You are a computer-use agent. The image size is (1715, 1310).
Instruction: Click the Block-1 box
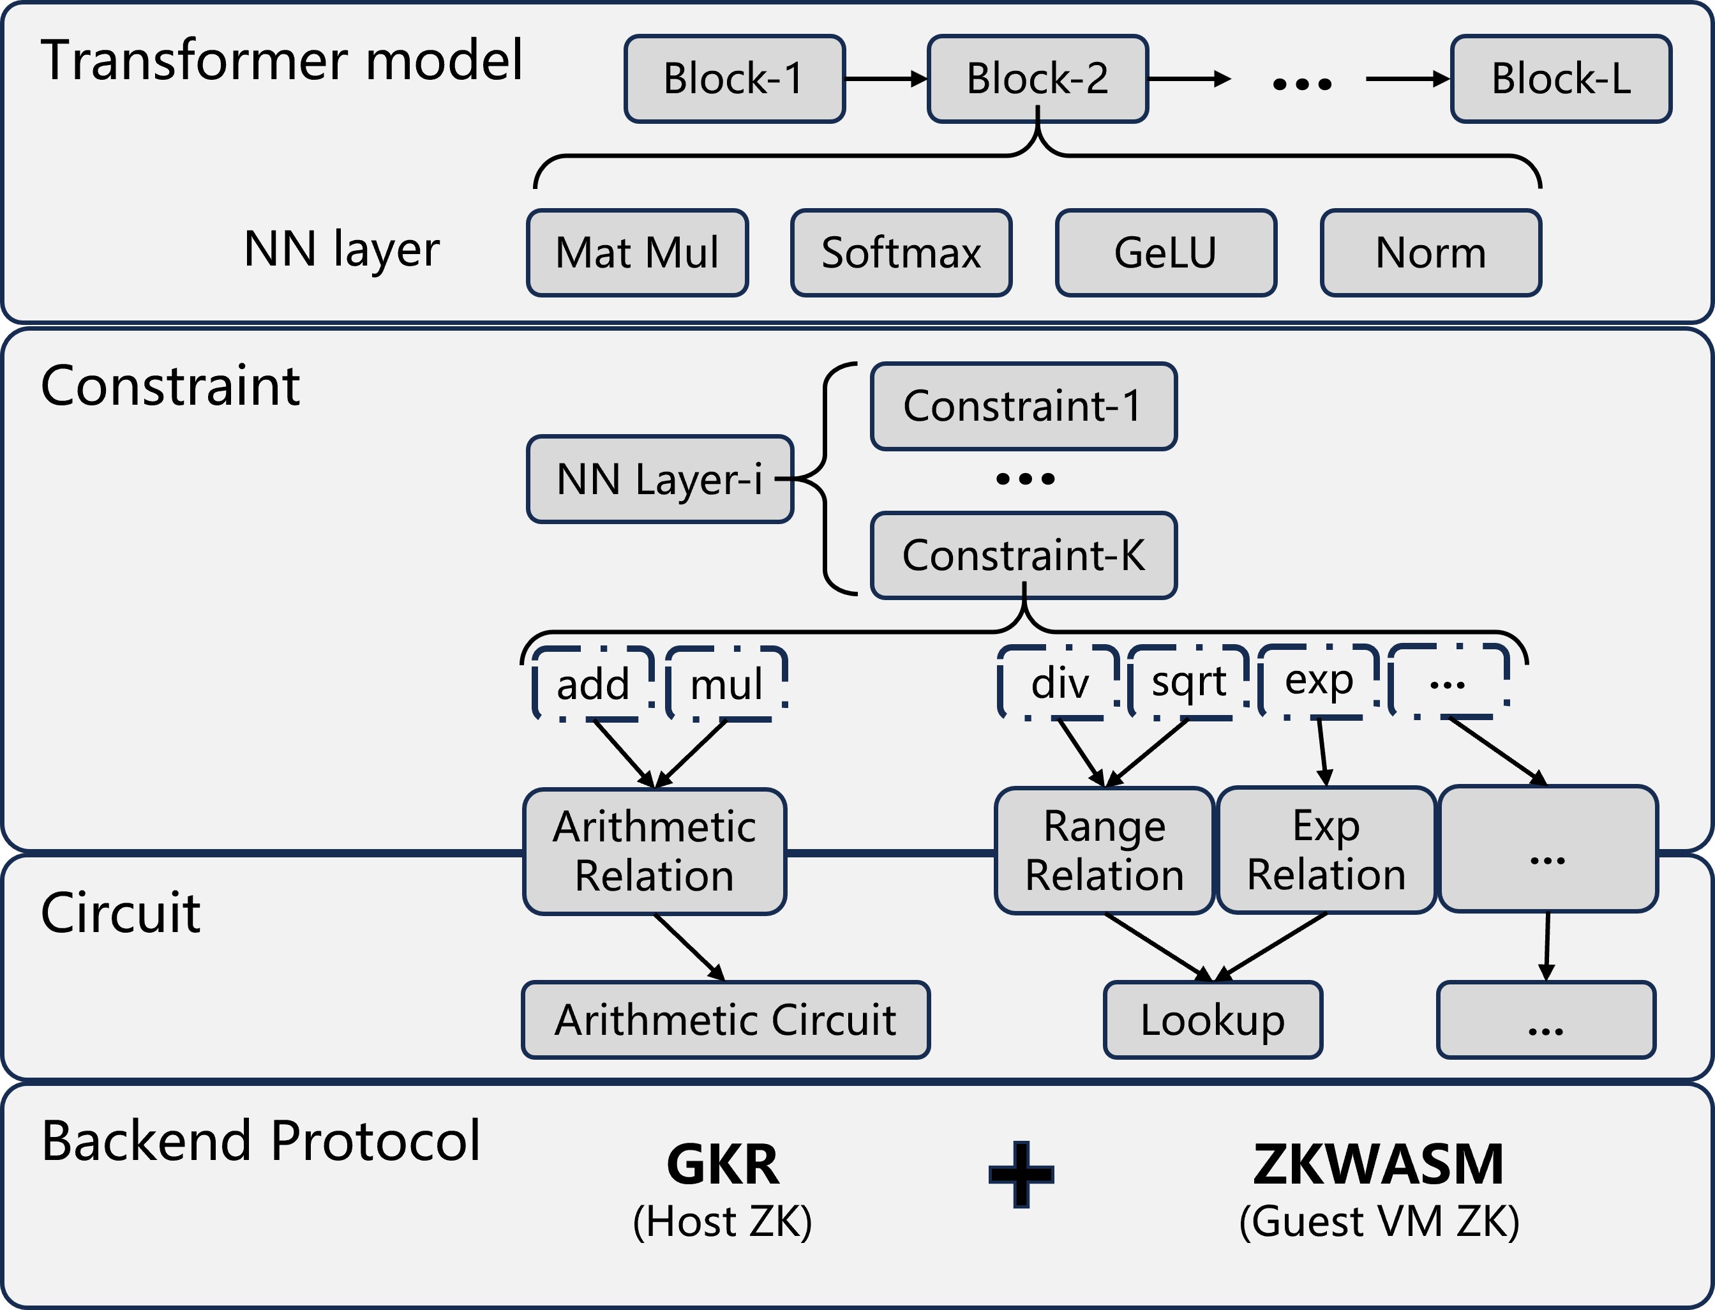point(735,79)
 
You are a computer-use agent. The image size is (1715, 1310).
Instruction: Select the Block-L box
point(1561,79)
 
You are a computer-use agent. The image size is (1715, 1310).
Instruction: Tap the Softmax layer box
point(901,253)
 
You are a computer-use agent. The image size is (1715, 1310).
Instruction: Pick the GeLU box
point(1165,253)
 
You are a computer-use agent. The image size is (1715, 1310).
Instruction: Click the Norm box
point(1430,253)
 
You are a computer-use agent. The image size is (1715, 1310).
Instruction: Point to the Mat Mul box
point(637,253)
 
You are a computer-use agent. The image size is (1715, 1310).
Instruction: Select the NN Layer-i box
point(659,479)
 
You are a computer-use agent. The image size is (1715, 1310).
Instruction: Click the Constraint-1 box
point(1022,406)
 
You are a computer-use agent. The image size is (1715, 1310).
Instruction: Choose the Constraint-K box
point(1022,555)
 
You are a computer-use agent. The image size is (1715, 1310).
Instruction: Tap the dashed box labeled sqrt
point(1188,682)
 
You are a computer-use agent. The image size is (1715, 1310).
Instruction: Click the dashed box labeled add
point(593,684)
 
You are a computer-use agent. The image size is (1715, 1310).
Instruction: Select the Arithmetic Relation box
point(654,851)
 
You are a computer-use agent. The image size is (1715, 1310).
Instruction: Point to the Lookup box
point(1212,1020)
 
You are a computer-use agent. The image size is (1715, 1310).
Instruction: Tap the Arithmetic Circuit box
point(725,1020)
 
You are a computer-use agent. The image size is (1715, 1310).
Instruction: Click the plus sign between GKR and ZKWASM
point(1021,1174)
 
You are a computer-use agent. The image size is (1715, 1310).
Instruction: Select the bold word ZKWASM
point(1378,1164)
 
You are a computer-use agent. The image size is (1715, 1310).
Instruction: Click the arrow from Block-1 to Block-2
point(885,79)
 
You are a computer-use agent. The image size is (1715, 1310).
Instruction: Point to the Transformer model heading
point(281,60)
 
